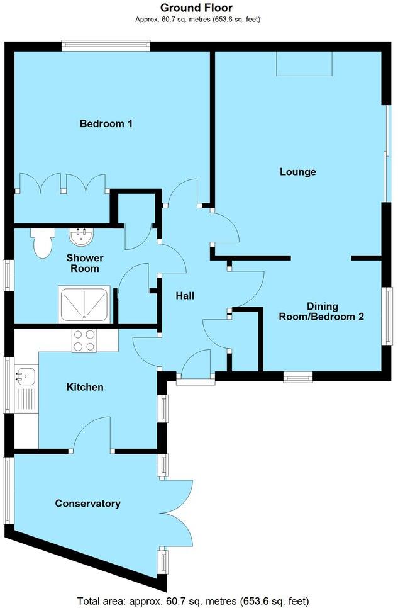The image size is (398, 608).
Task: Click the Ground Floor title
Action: pos(197,8)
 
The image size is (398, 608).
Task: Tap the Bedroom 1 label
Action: pos(106,124)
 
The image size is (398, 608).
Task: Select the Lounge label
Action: pos(297,172)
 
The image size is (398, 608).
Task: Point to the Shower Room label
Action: pos(85,264)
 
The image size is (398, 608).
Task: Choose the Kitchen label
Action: pos(85,387)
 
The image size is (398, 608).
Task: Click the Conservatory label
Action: pos(87,504)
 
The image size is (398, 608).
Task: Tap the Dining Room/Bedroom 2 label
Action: pos(321,312)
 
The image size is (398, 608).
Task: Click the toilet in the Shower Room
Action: pos(42,243)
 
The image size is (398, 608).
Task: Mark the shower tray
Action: pos(84,305)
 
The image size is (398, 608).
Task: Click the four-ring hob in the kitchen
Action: pos(85,341)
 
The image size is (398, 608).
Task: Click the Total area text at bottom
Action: pos(192,600)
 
